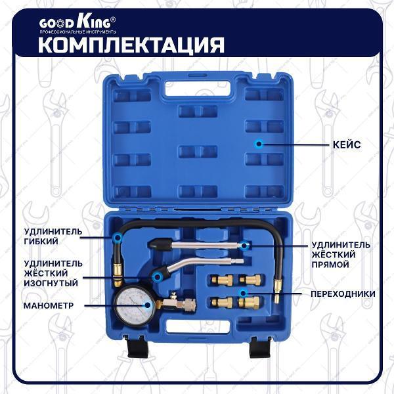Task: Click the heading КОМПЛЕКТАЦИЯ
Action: tap(131, 45)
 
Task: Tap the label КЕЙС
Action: tap(347, 144)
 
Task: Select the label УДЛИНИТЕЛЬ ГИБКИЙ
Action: tap(53, 236)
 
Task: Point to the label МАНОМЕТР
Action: tap(49, 305)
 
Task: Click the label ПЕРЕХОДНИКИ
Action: tap(343, 294)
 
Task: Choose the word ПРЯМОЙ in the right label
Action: tap(330, 265)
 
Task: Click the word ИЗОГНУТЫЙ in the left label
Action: tap(51, 283)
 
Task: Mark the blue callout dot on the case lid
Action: tap(258, 144)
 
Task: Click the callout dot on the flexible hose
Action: tap(117, 237)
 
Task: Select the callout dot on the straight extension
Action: tap(243, 245)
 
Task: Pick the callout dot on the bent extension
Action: tap(157, 277)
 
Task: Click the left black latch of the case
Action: tap(138, 347)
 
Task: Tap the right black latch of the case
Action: tap(260, 347)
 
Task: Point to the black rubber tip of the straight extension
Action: tap(160, 244)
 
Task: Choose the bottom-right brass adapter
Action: tap(249, 302)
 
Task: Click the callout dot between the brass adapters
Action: tap(243, 293)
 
